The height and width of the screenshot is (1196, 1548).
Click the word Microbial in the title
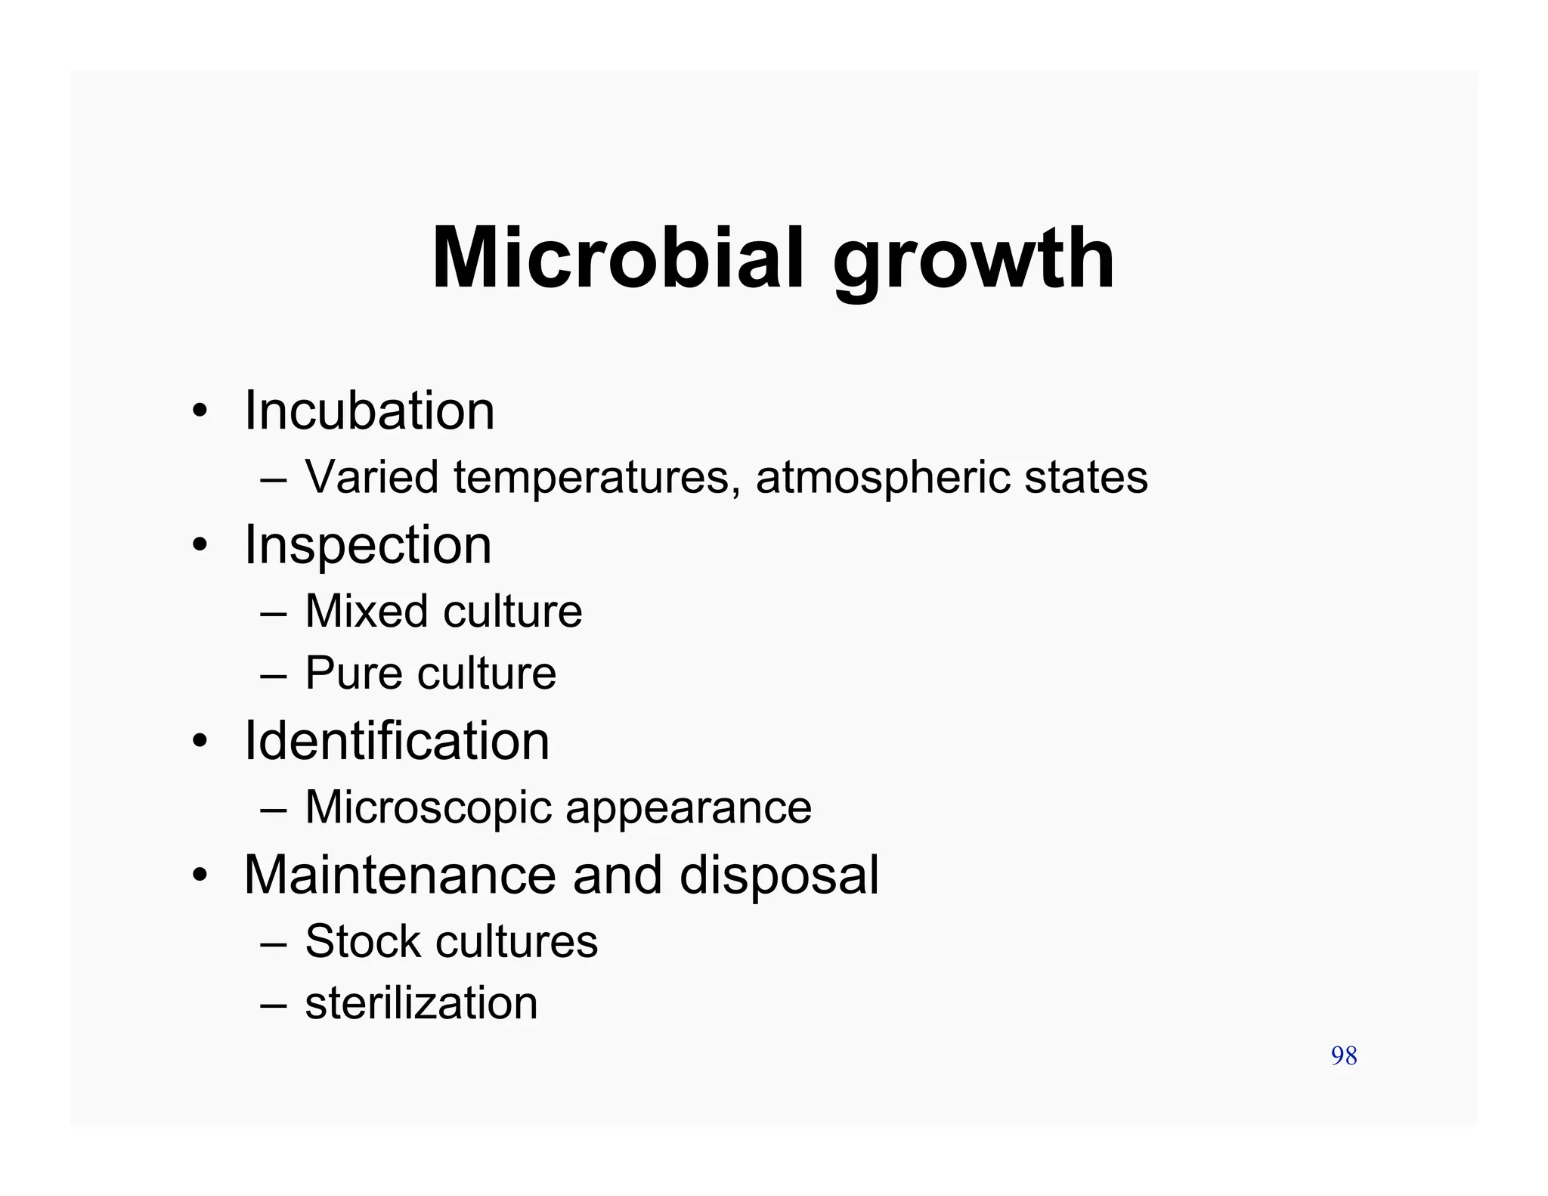click(618, 259)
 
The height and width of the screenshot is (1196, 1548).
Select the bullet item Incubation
click(369, 411)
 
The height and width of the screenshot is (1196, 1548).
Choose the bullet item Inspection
click(367, 546)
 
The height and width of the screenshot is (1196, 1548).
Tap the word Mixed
click(367, 611)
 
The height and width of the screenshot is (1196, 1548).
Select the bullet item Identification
click(397, 741)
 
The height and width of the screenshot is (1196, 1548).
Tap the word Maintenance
click(401, 875)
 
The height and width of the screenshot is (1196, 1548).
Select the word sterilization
click(421, 1004)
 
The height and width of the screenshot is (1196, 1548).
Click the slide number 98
click(1344, 1056)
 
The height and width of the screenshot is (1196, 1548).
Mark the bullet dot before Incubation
click(200, 412)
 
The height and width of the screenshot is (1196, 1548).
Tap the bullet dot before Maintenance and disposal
click(200, 876)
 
